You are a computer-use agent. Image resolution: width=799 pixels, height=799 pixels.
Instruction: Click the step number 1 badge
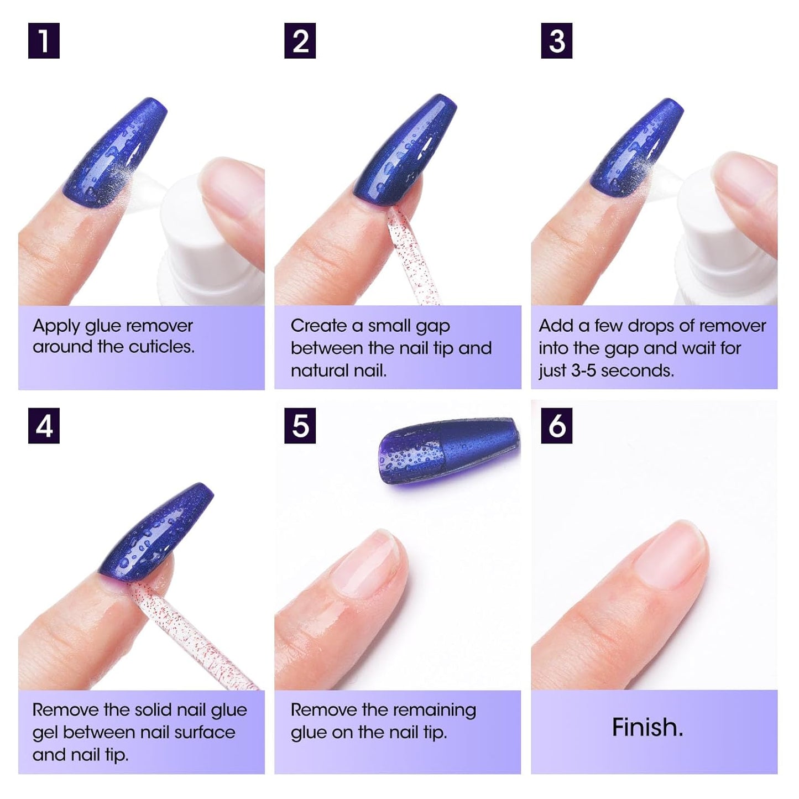44,41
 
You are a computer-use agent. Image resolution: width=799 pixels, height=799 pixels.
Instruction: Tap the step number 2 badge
300,41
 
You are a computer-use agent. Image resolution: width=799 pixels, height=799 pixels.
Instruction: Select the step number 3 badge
556,41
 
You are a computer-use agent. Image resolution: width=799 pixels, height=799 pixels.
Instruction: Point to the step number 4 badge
44,426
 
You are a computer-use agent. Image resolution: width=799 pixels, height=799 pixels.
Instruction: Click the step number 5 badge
300,426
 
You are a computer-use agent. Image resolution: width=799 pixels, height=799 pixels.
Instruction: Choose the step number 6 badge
556,426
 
